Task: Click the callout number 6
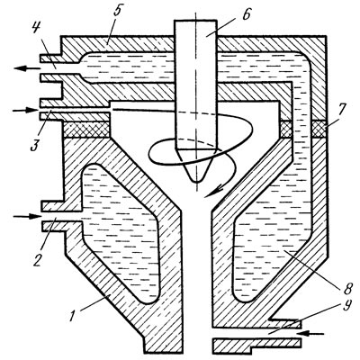point(246,13)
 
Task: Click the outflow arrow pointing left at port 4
point(28,68)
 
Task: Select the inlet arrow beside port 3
point(26,110)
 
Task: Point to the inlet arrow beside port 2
point(27,216)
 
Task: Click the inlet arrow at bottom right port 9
point(311,333)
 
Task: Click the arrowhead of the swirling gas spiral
point(213,192)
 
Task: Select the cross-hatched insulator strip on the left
point(87,130)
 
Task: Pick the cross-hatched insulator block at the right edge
point(319,129)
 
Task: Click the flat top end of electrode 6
point(195,20)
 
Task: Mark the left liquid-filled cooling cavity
point(120,233)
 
